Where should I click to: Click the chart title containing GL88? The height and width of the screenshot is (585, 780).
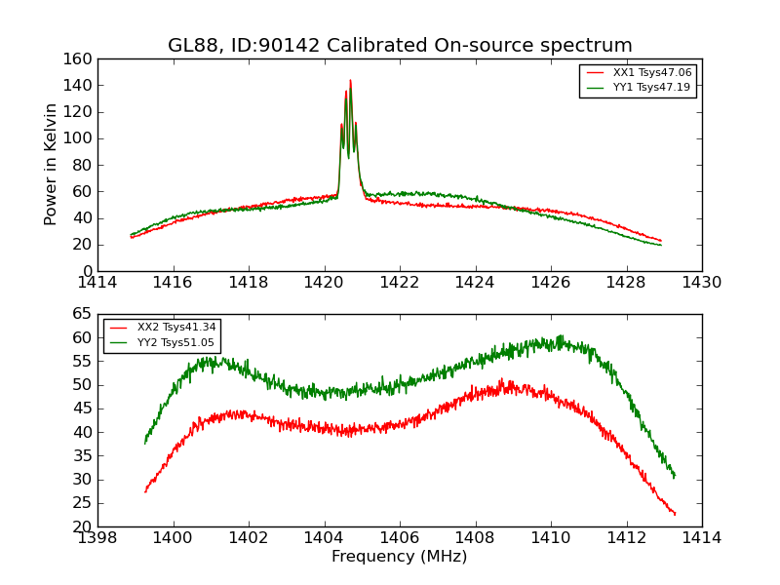coord(400,46)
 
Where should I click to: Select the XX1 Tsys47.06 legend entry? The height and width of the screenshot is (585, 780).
coord(651,73)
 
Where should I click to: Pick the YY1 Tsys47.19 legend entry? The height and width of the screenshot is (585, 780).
coord(651,88)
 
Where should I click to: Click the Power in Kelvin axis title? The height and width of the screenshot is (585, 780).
coord(52,165)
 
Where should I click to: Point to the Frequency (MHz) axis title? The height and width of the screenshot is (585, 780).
coord(400,557)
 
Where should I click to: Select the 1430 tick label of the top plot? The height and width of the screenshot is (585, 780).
coord(701,283)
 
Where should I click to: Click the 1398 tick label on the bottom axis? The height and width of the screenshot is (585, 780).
coord(98,538)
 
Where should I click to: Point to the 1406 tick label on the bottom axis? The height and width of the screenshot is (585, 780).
coord(400,538)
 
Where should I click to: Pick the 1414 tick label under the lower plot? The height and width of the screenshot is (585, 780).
coord(701,538)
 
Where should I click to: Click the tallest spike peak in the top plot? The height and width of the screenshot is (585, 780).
coord(350,81)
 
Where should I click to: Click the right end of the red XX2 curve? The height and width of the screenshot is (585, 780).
coord(675,514)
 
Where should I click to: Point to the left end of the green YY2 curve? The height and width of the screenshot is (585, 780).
coord(145,443)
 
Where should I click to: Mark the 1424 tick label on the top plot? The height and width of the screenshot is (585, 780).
coord(475,283)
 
